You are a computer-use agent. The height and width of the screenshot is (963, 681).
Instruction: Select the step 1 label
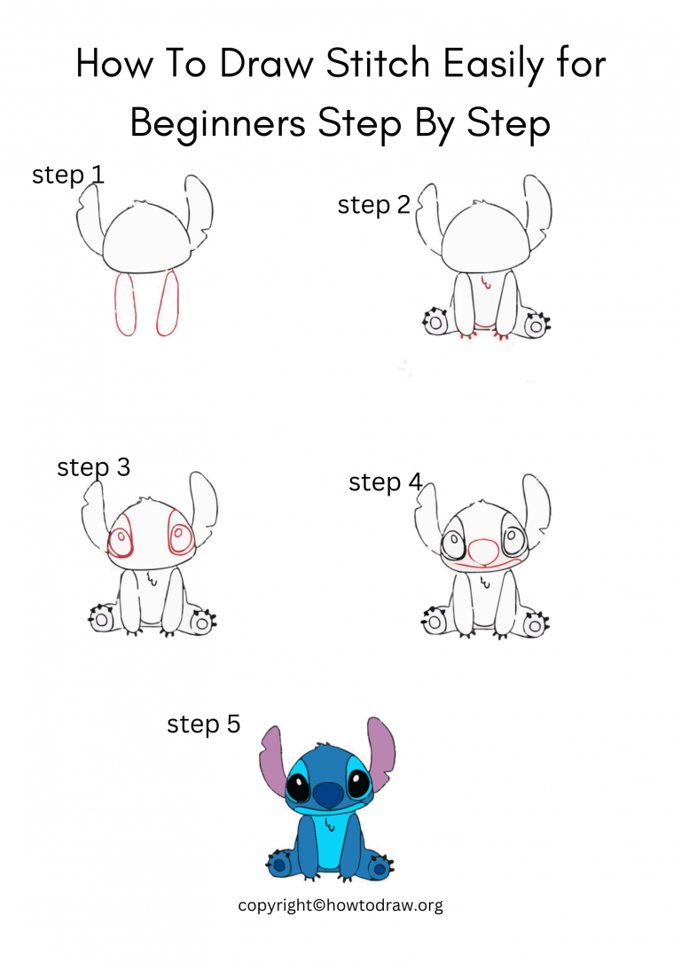(68, 175)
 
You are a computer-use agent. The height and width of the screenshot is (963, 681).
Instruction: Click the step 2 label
(373, 206)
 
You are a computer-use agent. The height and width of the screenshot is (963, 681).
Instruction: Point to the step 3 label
(93, 467)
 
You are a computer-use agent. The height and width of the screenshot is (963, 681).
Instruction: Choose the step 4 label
(386, 482)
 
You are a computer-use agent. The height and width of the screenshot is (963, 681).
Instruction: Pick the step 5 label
(203, 724)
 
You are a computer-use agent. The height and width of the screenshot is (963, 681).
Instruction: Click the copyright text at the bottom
(340, 905)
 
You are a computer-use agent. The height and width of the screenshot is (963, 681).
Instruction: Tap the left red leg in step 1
(124, 304)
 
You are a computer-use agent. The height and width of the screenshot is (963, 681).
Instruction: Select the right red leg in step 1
(168, 304)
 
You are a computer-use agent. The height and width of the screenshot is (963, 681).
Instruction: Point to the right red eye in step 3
(180, 536)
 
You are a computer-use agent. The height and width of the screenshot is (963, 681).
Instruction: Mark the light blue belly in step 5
(328, 842)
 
